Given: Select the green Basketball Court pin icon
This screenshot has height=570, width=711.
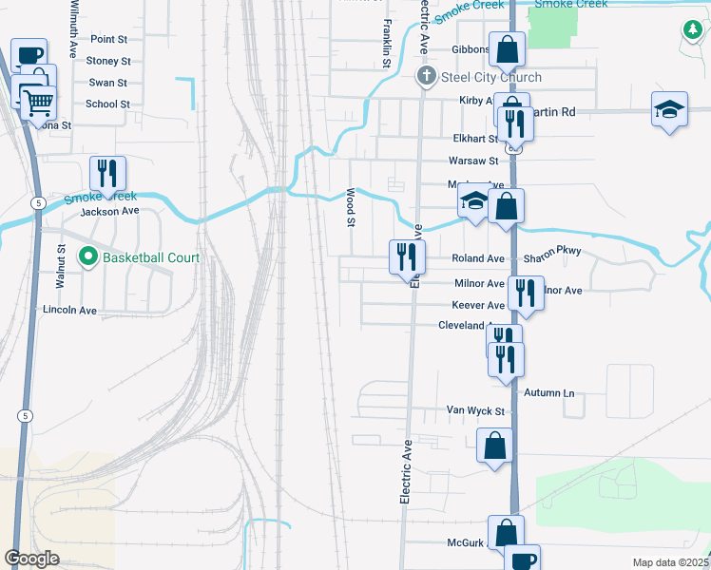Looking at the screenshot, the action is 88,256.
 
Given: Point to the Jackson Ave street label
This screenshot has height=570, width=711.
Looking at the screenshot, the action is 110,211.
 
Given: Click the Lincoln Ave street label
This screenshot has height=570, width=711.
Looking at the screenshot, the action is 69,310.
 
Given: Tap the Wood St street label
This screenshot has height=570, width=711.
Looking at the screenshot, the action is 350,207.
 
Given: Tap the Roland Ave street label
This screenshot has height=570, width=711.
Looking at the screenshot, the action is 478,258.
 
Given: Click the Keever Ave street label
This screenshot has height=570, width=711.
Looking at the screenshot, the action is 478,305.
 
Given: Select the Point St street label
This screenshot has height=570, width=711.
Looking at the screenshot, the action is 108,39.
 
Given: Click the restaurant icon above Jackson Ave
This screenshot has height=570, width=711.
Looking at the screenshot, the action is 107,172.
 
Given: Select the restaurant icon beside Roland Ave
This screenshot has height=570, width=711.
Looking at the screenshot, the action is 406,255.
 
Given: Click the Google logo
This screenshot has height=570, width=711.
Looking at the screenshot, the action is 32,559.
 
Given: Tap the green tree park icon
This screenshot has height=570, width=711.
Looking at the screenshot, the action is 692,30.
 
